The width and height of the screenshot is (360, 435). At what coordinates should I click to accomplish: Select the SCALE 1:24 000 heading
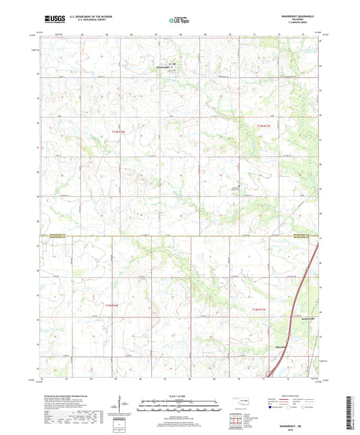point(179,394)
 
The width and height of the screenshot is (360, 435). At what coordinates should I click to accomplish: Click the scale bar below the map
point(179,407)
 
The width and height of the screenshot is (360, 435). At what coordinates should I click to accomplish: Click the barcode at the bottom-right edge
point(353,412)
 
